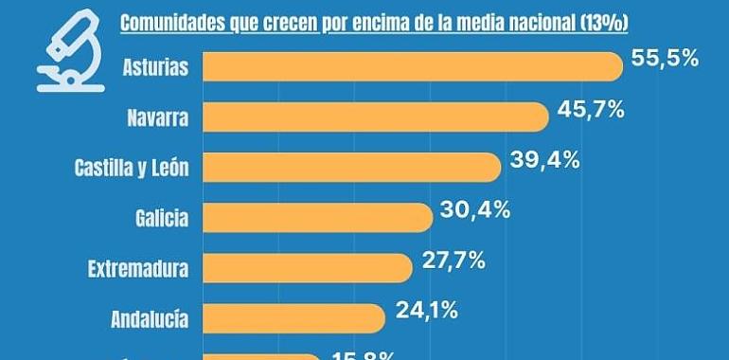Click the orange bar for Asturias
coord(413,66)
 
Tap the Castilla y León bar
coord(351,167)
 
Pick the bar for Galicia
coord(317,217)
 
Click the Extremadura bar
coord(307,267)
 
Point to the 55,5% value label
coord(665,58)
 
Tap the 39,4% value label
coord(545,159)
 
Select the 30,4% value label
coord(475,209)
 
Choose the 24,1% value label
coord(426,309)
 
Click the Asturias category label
coord(155,67)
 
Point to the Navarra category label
coord(157,118)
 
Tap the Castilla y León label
coord(132,169)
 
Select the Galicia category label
coord(161,219)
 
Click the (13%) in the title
coord(609,21)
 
